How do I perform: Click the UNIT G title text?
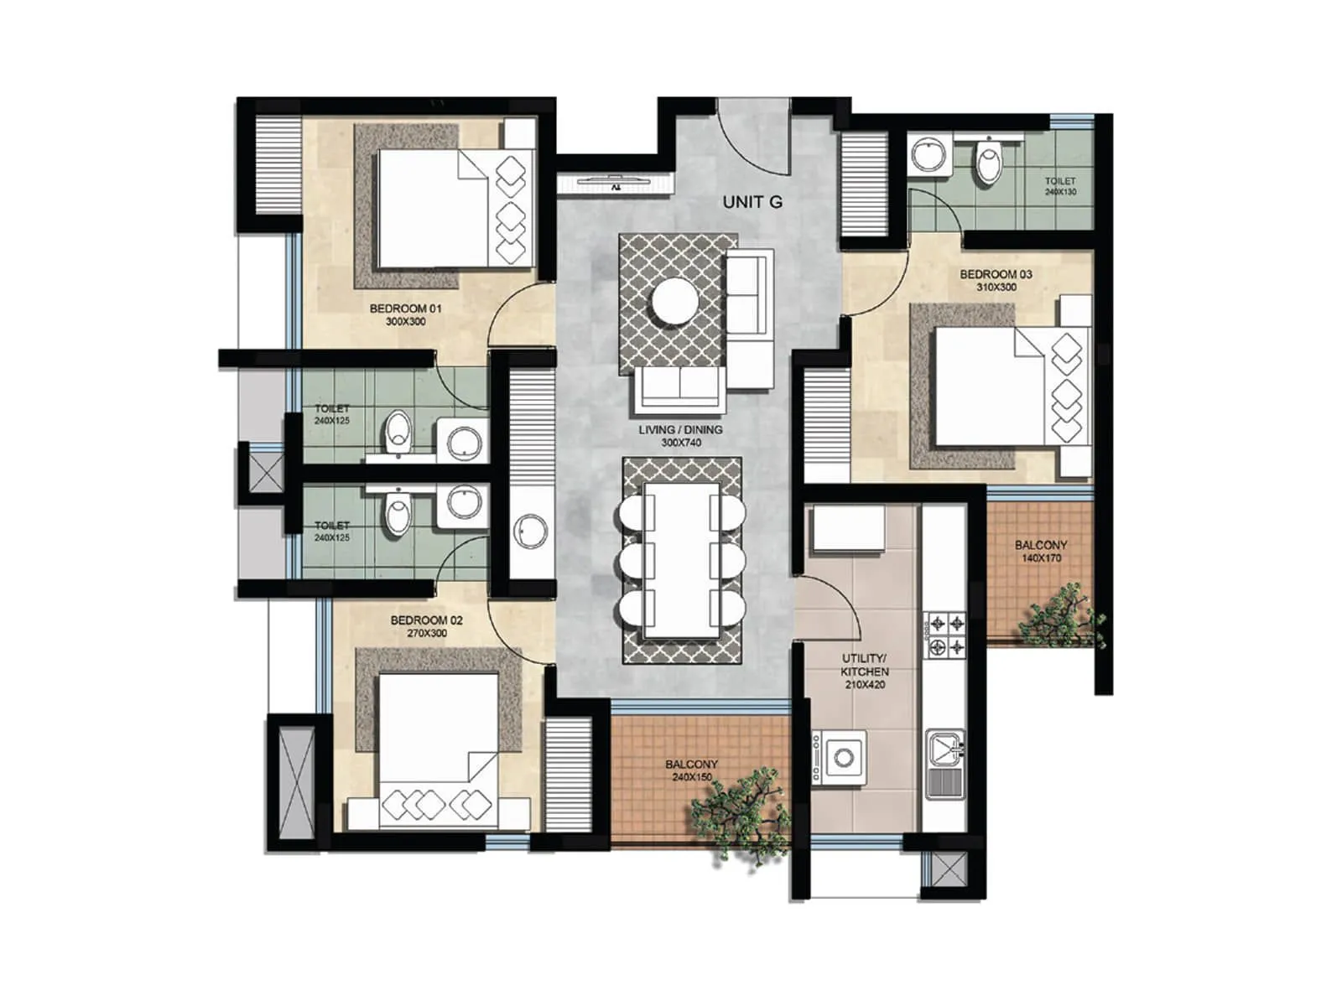tap(752, 202)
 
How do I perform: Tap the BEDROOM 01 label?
tap(405, 309)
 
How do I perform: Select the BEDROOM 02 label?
tap(426, 620)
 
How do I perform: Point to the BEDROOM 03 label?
tap(996, 274)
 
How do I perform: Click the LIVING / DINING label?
tap(680, 430)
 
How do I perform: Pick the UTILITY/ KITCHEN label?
tap(864, 665)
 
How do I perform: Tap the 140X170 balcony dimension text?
tap(1041, 558)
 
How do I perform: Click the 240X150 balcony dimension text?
tap(691, 777)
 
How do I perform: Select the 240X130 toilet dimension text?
tap(1060, 192)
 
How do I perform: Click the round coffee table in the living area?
tap(675, 301)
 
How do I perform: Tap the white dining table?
tap(681, 559)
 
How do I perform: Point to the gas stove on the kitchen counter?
tap(945, 635)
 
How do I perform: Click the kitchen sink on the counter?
tap(944, 764)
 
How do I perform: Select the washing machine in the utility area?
tap(843, 757)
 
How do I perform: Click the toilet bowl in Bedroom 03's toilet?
tap(989, 162)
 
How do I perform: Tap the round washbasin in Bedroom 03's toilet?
tap(928, 154)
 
